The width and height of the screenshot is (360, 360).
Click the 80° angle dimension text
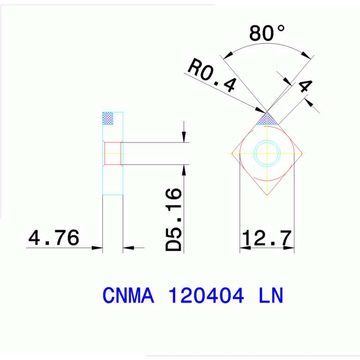(267, 33)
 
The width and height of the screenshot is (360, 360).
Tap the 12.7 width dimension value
(267, 238)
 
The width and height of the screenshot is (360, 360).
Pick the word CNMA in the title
(128, 295)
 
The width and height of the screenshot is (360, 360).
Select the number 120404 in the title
(206, 295)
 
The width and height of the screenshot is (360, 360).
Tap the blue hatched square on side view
(108, 118)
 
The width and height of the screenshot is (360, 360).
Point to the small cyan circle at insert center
(267, 153)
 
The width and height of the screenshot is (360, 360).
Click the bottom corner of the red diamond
(267, 194)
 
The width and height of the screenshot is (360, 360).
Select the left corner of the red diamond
(233, 153)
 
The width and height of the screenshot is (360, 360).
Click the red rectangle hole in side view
(113, 153)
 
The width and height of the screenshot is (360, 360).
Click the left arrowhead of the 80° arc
(228, 56)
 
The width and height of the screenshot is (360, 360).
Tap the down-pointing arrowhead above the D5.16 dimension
(184, 137)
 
